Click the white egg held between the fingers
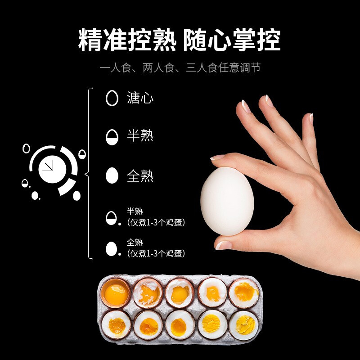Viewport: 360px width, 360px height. click(x=227, y=201)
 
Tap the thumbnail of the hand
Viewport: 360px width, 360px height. click(x=224, y=245)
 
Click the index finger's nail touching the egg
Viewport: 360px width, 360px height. click(x=218, y=157)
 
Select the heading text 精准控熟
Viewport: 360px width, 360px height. click(x=128, y=40)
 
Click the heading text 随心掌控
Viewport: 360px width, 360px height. click(x=232, y=40)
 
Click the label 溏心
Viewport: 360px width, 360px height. click(x=140, y=98)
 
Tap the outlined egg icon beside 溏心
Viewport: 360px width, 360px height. click(x=112, y=98)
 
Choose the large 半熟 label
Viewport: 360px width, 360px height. click(x=140, y=136)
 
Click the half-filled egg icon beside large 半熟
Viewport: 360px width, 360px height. click(x=112, y=136)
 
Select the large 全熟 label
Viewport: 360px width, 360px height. click(x=140, y=175)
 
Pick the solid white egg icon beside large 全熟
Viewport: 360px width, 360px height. click(x=112, y=175)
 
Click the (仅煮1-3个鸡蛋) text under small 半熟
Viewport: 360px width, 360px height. click(x=156, y=223)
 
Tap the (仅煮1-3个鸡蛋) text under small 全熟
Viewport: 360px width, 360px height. click(x=156, y=253)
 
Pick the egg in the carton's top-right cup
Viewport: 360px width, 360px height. click(x=243, y=292)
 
